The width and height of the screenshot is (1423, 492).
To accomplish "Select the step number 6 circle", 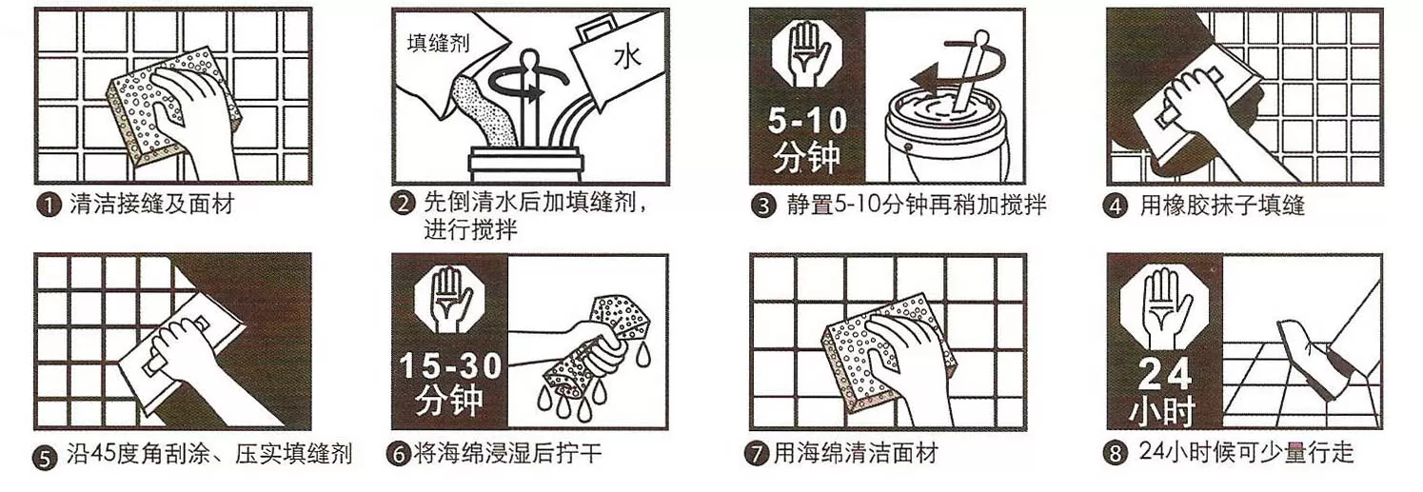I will point(398,455).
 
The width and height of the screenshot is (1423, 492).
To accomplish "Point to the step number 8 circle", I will point(1116,455).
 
